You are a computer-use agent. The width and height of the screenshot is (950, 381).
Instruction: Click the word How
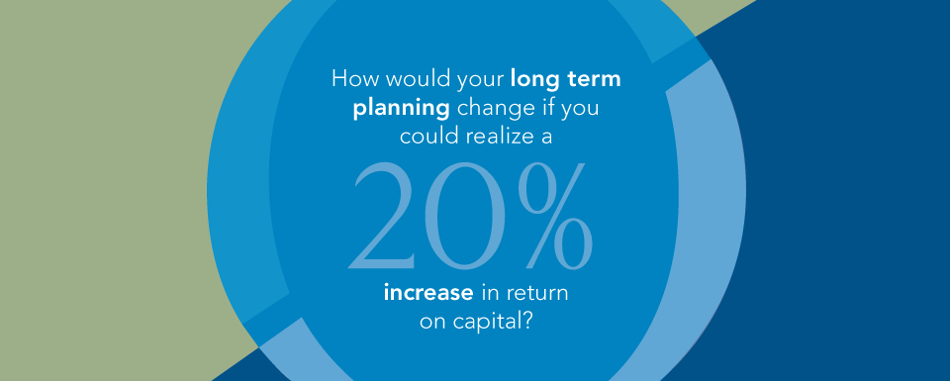[x=348, y=80]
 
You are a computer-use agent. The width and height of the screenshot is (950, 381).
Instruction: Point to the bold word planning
[x=401, y=110]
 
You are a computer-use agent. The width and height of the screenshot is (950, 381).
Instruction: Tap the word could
[x=423, y=137]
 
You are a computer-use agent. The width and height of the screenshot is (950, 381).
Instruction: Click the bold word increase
[x=428, y=294]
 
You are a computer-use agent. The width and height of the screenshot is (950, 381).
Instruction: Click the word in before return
[x=490, y=294]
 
